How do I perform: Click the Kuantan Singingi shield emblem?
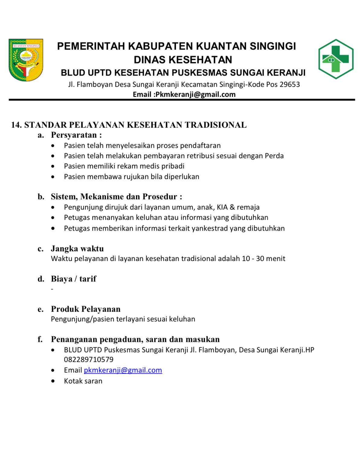[26, 60]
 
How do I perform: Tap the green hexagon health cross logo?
[336, 59]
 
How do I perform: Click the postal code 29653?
[290, 84]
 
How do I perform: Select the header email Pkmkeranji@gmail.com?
[195, 94]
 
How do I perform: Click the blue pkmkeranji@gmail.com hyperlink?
[123, 370]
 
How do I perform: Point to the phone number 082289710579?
[88, 359]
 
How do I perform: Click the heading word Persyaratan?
[74, 135]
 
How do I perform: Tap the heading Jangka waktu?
[77, 249]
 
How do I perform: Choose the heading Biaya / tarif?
[73, 279]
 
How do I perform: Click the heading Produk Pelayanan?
[85, 309]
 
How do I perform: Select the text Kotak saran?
[83, 381]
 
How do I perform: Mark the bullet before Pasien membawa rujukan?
[53, 177]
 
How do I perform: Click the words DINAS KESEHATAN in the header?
[183, 60]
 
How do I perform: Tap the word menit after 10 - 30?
[276, 258]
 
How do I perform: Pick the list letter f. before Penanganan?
[40, 340]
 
